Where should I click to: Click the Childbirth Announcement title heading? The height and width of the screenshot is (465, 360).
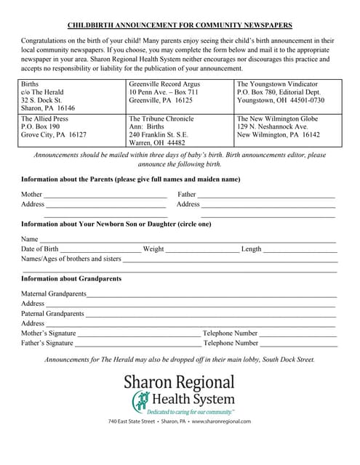click(180, 24)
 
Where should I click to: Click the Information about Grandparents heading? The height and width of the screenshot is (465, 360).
click(71, 279)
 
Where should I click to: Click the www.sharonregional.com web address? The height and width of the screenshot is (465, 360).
click(221, 421)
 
